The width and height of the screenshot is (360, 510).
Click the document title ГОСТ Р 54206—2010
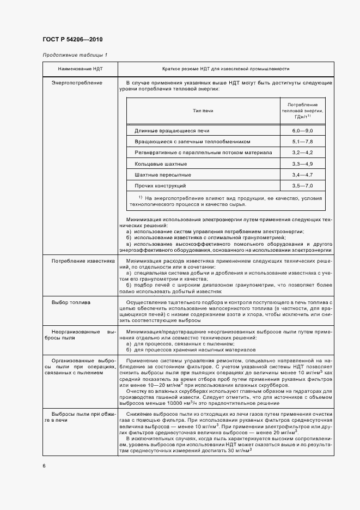[72, 40]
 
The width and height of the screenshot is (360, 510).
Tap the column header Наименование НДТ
[77, 69]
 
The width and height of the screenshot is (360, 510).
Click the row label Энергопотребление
[77, 83]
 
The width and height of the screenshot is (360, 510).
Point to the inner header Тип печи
[203, 111]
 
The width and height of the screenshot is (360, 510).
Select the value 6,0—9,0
[302, 131]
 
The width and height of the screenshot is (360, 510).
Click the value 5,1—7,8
[302, 142]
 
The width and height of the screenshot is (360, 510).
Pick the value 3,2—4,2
[302, 153]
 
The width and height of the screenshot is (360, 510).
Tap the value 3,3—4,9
[302, 163]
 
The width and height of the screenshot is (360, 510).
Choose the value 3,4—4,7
[302, 174]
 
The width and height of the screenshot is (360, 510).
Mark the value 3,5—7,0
[302, 186]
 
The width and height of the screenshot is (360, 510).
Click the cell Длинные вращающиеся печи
[172, 131]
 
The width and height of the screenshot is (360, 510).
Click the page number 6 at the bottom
[44, 465]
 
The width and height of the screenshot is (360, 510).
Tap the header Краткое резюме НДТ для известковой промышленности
[225, 69]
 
